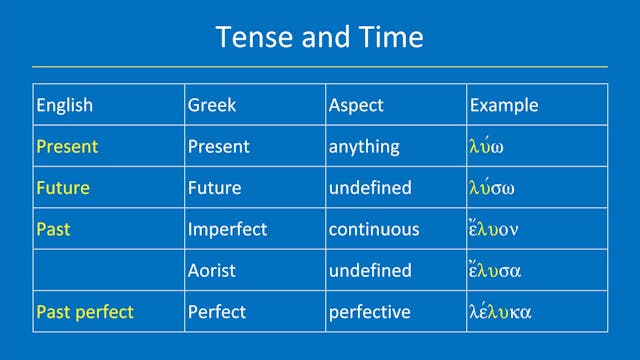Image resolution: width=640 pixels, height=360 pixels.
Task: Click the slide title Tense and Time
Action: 320,38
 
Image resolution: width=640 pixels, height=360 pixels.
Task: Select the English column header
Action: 65,105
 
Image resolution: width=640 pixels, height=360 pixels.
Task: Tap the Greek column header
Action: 212,105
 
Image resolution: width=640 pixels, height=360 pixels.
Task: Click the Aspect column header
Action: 356,105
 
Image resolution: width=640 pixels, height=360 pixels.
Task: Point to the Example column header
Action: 504,105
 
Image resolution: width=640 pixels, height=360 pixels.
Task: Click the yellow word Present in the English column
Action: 67,146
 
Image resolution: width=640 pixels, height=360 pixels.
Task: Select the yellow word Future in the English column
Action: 63,187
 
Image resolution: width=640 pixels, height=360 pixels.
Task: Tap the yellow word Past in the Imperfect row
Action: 53,229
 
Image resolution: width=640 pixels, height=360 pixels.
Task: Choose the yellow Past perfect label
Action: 84,312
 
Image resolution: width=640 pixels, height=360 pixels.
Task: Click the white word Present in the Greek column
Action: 218,146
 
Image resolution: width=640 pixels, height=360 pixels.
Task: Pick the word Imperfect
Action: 227,229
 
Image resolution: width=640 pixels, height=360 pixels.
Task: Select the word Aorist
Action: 215,270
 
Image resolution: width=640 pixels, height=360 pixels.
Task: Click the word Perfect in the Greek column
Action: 217,312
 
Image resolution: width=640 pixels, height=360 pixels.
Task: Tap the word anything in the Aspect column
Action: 364,146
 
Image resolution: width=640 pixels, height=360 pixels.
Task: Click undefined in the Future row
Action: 370,187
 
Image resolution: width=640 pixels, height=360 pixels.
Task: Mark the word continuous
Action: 374,229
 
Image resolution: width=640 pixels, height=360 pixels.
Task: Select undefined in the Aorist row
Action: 370,270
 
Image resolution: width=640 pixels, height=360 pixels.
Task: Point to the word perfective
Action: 369,312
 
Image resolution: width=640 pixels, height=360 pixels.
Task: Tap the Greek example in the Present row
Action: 488,146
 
